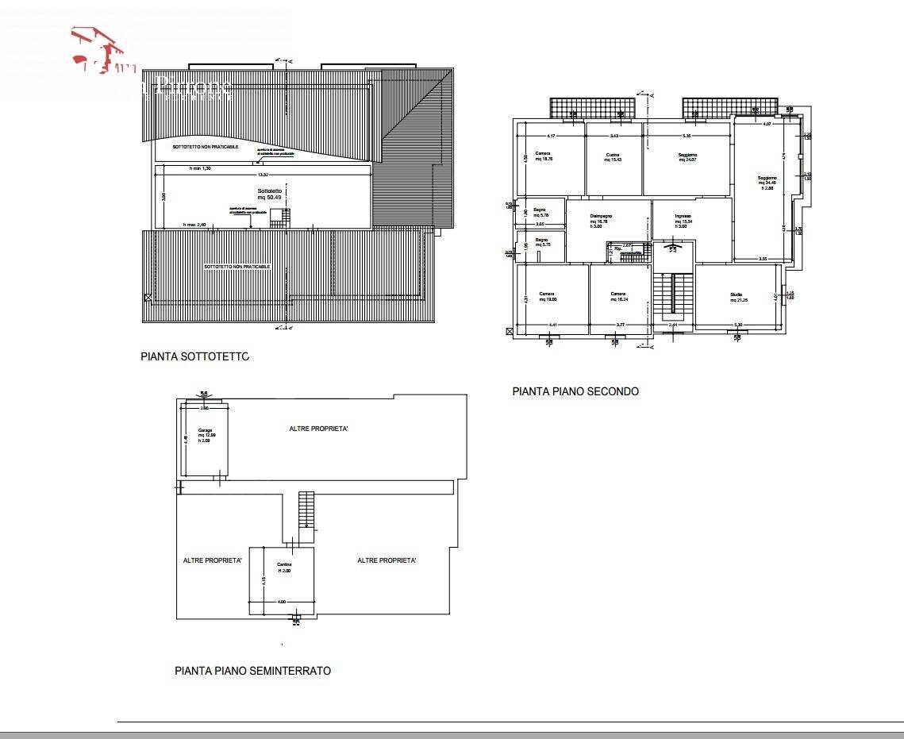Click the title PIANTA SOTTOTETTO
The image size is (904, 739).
click(x=194, y=357)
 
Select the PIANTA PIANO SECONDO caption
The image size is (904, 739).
click(x=575, y=391)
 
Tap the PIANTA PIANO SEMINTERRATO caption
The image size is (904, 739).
click(x=252, y=671)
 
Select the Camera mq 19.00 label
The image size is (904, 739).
click(x=547, y=297)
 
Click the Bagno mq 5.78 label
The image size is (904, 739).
click(x=540, y=213)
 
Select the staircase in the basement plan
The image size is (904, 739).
click(x=306, y=510)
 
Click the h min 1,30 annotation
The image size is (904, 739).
click(x=200, y=169)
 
